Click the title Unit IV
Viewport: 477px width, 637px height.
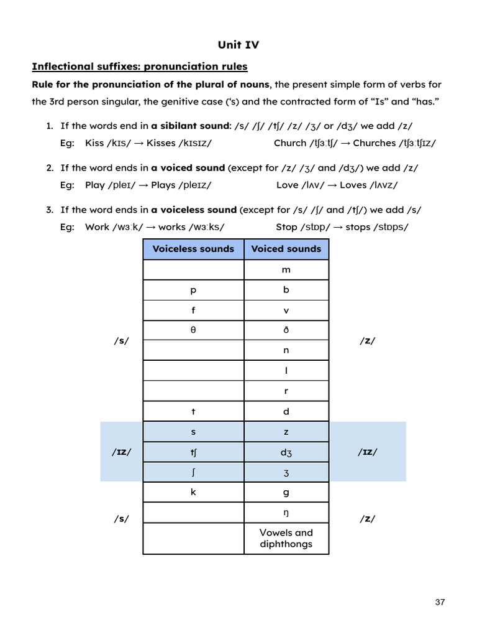[x=238, y=44]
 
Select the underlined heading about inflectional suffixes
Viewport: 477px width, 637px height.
[x=139, y=66]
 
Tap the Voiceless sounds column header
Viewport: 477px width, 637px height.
[x=193, y=249]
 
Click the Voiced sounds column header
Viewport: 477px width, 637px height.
[x=286, y=249]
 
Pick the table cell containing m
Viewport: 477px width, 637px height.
[x=286, y=270]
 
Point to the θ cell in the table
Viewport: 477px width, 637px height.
[x=193, y=330]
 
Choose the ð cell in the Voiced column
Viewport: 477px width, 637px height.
[x=286, y=330]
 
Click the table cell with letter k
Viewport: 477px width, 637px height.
[x=193, y=492]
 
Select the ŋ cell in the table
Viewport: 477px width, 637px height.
[x=286, y=513]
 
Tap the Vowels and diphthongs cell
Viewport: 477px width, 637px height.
[x=286, y=538]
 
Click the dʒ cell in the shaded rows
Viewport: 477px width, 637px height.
[x=286, y=452]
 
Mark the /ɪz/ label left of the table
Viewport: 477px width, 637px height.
[x=122, y=452]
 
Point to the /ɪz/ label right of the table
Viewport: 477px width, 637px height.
[x=366, y=452]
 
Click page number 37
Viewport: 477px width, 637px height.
[x=440, y=602]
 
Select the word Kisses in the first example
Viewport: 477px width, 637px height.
[x=161, y=143]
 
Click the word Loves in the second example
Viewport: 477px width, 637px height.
[x=353, y=185]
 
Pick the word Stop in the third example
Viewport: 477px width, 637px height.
[x=287, y=226]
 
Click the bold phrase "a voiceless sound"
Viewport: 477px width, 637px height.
[x=194, y=210]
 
